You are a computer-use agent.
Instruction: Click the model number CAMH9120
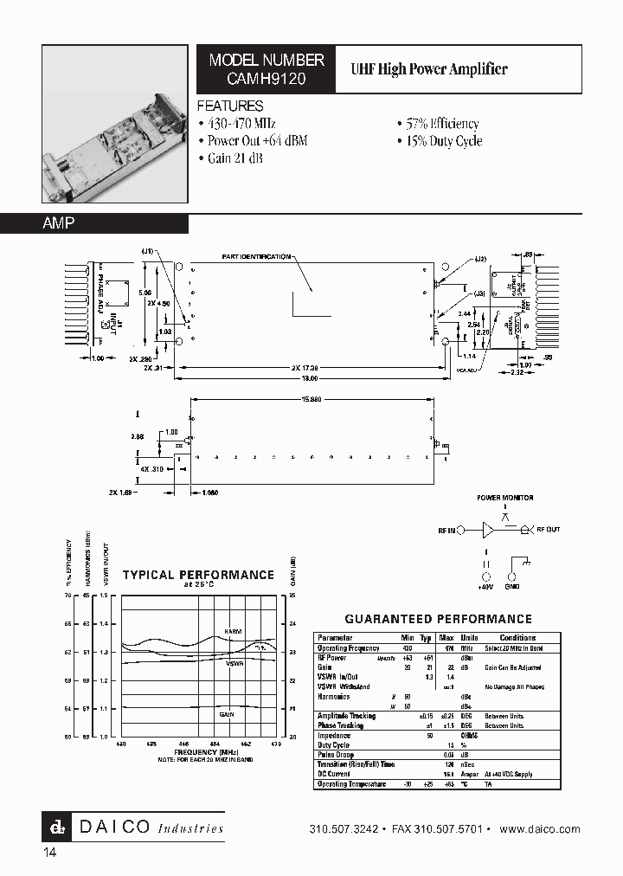point(266,78)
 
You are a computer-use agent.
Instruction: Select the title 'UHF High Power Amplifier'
point(427,69)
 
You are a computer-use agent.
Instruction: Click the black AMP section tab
point(94,223)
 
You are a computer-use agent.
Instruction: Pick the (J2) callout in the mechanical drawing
point(480,259)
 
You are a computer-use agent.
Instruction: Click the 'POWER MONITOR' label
point(506,499)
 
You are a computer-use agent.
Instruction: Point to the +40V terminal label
point(485,586)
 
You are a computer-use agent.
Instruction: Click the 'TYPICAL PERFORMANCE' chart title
point(198,575)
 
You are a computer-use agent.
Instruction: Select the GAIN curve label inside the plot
point(227,714)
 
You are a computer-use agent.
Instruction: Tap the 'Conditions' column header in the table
point(517,637)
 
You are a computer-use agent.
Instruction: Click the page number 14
point(50,853)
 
